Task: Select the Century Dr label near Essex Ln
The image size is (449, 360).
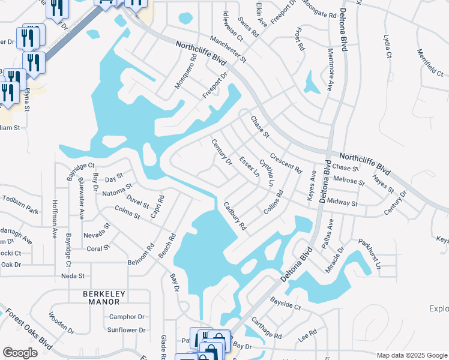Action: click(221, 152)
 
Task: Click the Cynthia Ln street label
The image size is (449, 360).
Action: click(267, 172)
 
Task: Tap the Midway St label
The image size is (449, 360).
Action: click(343, 203)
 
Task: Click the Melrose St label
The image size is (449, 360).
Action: click(348, 181)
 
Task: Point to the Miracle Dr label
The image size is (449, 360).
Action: click(334, 259)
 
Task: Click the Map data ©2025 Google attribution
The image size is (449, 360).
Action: click(411, 355)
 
